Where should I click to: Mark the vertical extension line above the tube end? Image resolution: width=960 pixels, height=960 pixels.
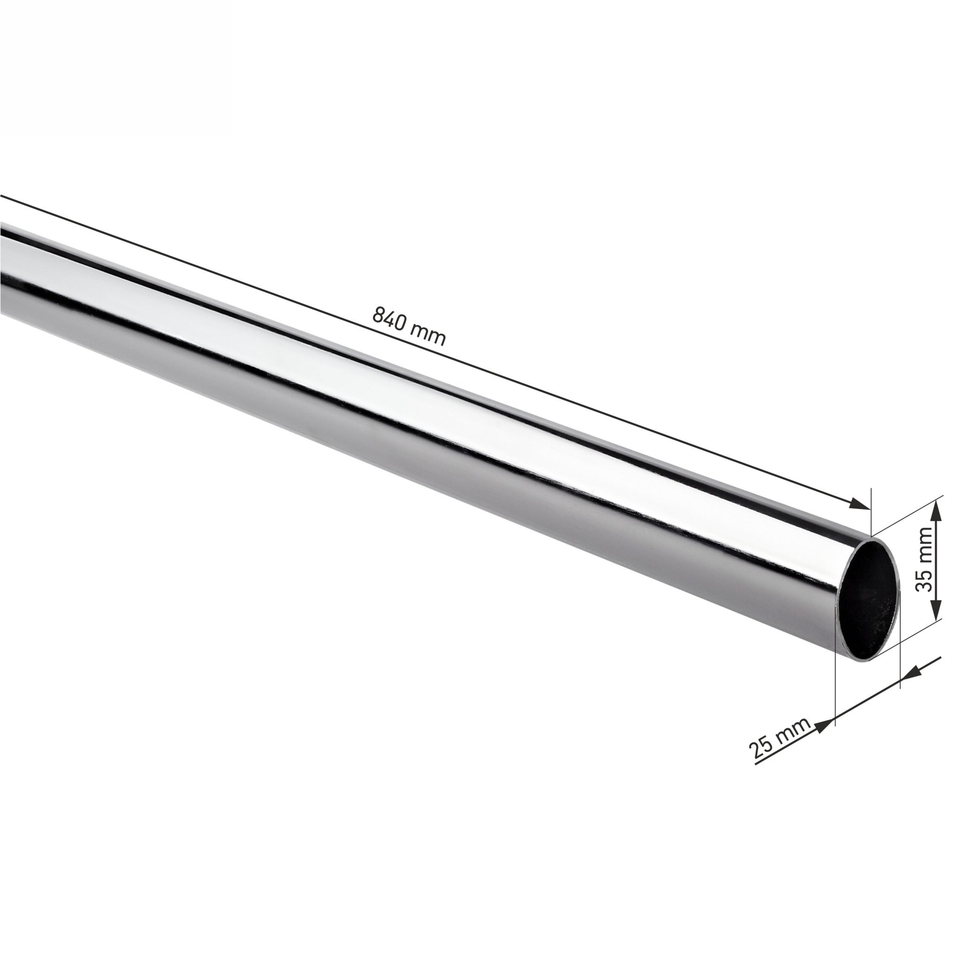[x=871, y=512]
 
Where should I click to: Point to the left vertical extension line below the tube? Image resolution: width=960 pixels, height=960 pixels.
[x=836, y=696]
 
